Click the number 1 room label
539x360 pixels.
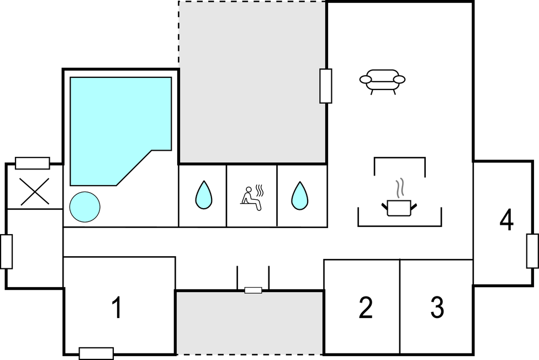pyautogui.click(x=117, y=308)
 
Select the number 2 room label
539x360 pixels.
pyautogui.click(x=366, y=308)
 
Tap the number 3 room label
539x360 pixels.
pyautogui.click(x=437, y=308)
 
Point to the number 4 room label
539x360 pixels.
pyautogui.click(x=506, y=220)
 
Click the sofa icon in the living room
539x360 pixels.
pyautogui.click(x=382, y=82)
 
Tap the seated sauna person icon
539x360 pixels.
pyautogui.click(x=252, y=198)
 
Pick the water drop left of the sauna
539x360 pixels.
pyautogui.click(x=203, y=195)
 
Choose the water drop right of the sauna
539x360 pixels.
pyautogui.click(x=300, y=195)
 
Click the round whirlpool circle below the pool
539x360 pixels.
pyautogui.click(x=85, y=207)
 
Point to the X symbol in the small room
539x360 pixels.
pyautogui.click(x=35, y=191)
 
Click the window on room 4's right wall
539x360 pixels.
pyautogui.click(x=532, y=251)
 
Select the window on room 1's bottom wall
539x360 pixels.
pyautogui.click(x=96, y=353)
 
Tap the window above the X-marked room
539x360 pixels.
pyautogui.click(x=33, y=163)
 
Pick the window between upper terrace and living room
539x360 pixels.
pyautogui.click(x=326, y=86)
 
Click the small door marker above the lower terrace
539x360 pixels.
pyautogui.click(x=253, y=290)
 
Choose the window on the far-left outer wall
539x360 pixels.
pyautogui.click(x=6, y=252)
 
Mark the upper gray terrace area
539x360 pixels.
pyautogui.click(x=252, y=82)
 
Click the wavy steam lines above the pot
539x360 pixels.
pyautogui.click(x=399, y=188)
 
